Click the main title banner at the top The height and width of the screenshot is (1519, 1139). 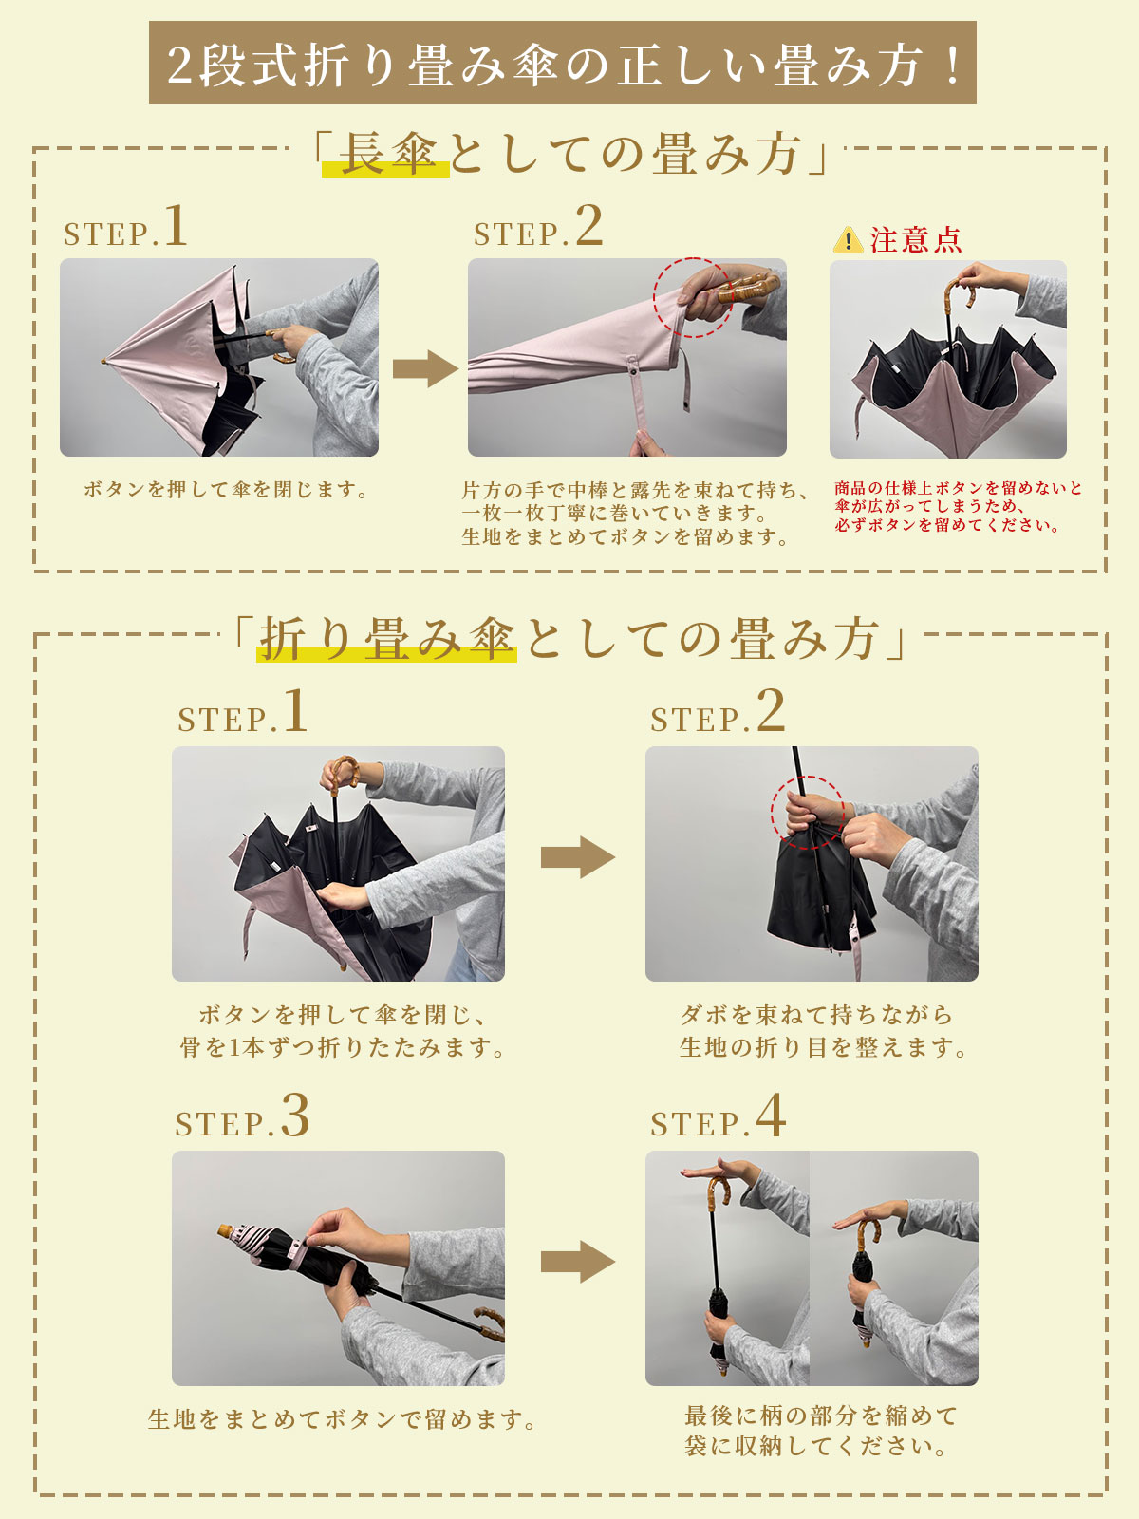coord(562,63)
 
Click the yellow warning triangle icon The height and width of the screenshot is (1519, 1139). coord(848,240)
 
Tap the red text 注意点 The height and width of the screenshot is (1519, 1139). coord(916,240)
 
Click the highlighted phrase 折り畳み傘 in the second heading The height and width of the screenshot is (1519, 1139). coord(387,638)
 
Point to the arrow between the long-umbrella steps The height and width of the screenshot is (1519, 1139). coord(425,368)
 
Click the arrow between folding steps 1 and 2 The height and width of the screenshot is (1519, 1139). coord(578,856)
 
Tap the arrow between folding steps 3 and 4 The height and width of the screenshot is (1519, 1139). coord(578,1262)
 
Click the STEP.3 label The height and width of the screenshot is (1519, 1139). coord(243,1116)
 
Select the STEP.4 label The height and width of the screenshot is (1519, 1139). coord(718,1116)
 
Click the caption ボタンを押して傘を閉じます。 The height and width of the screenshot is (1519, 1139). coord(227,489)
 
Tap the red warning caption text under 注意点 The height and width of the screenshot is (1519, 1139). coord(958,507)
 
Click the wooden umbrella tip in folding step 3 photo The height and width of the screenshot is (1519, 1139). coord(227,1231)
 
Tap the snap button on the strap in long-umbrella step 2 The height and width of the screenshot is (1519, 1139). coord(633,371)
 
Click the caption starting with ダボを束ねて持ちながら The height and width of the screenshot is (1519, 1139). coord(822,1031)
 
